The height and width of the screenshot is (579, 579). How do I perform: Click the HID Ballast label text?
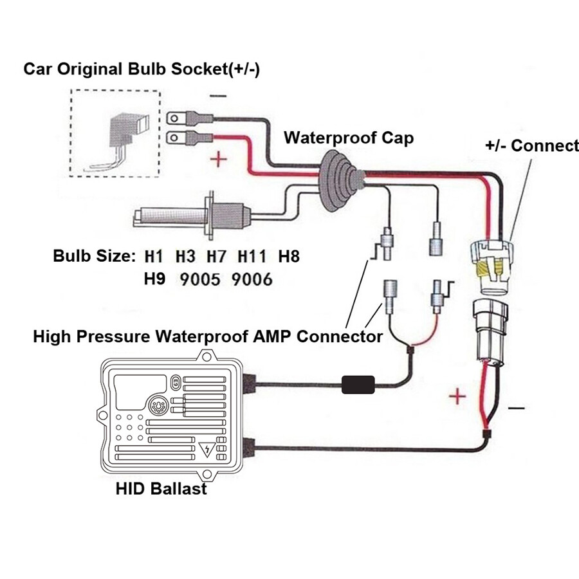pos(161,488)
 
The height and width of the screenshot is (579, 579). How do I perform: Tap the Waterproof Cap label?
pos(349,138)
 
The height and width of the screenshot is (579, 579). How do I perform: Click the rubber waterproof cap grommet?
pos(341,170)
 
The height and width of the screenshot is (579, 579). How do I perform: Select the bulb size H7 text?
pos(217,257)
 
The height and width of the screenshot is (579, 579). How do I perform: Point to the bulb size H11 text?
pos(252,257)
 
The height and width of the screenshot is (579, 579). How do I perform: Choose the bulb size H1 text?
pos(153,257)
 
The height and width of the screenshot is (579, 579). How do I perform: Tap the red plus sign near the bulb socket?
pos(219,159)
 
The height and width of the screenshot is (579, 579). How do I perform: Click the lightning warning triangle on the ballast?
pos(207,450)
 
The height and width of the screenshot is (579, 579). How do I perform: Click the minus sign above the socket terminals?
pos(218,96)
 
